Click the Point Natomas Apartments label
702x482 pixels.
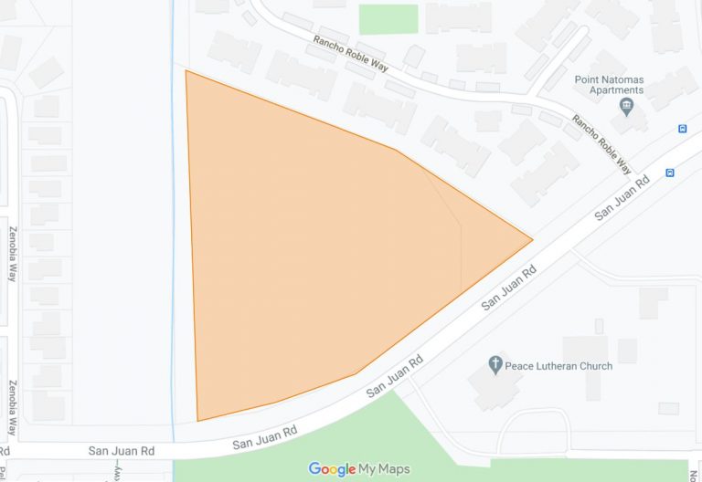click(x=609, y=85)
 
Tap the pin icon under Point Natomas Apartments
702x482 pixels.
click(x=627, y=108)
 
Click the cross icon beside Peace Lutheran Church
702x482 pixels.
click(x=495, y=365)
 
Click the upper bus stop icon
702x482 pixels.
click(x=683, y=129)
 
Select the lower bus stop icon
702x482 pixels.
click(x=670, y=172)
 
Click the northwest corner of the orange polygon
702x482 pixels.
click(x=186, y=71)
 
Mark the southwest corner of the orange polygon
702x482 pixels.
click(x=197, y=421)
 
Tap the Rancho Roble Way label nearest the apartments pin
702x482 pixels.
click(x=601, y=144)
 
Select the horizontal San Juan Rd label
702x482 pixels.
click(x=121, y=451)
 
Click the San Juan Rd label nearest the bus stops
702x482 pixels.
click(x=622, y=197)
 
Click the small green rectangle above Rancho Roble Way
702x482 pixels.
click(x=388, y=19)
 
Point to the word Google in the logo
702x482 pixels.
click(x=332, y=469)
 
